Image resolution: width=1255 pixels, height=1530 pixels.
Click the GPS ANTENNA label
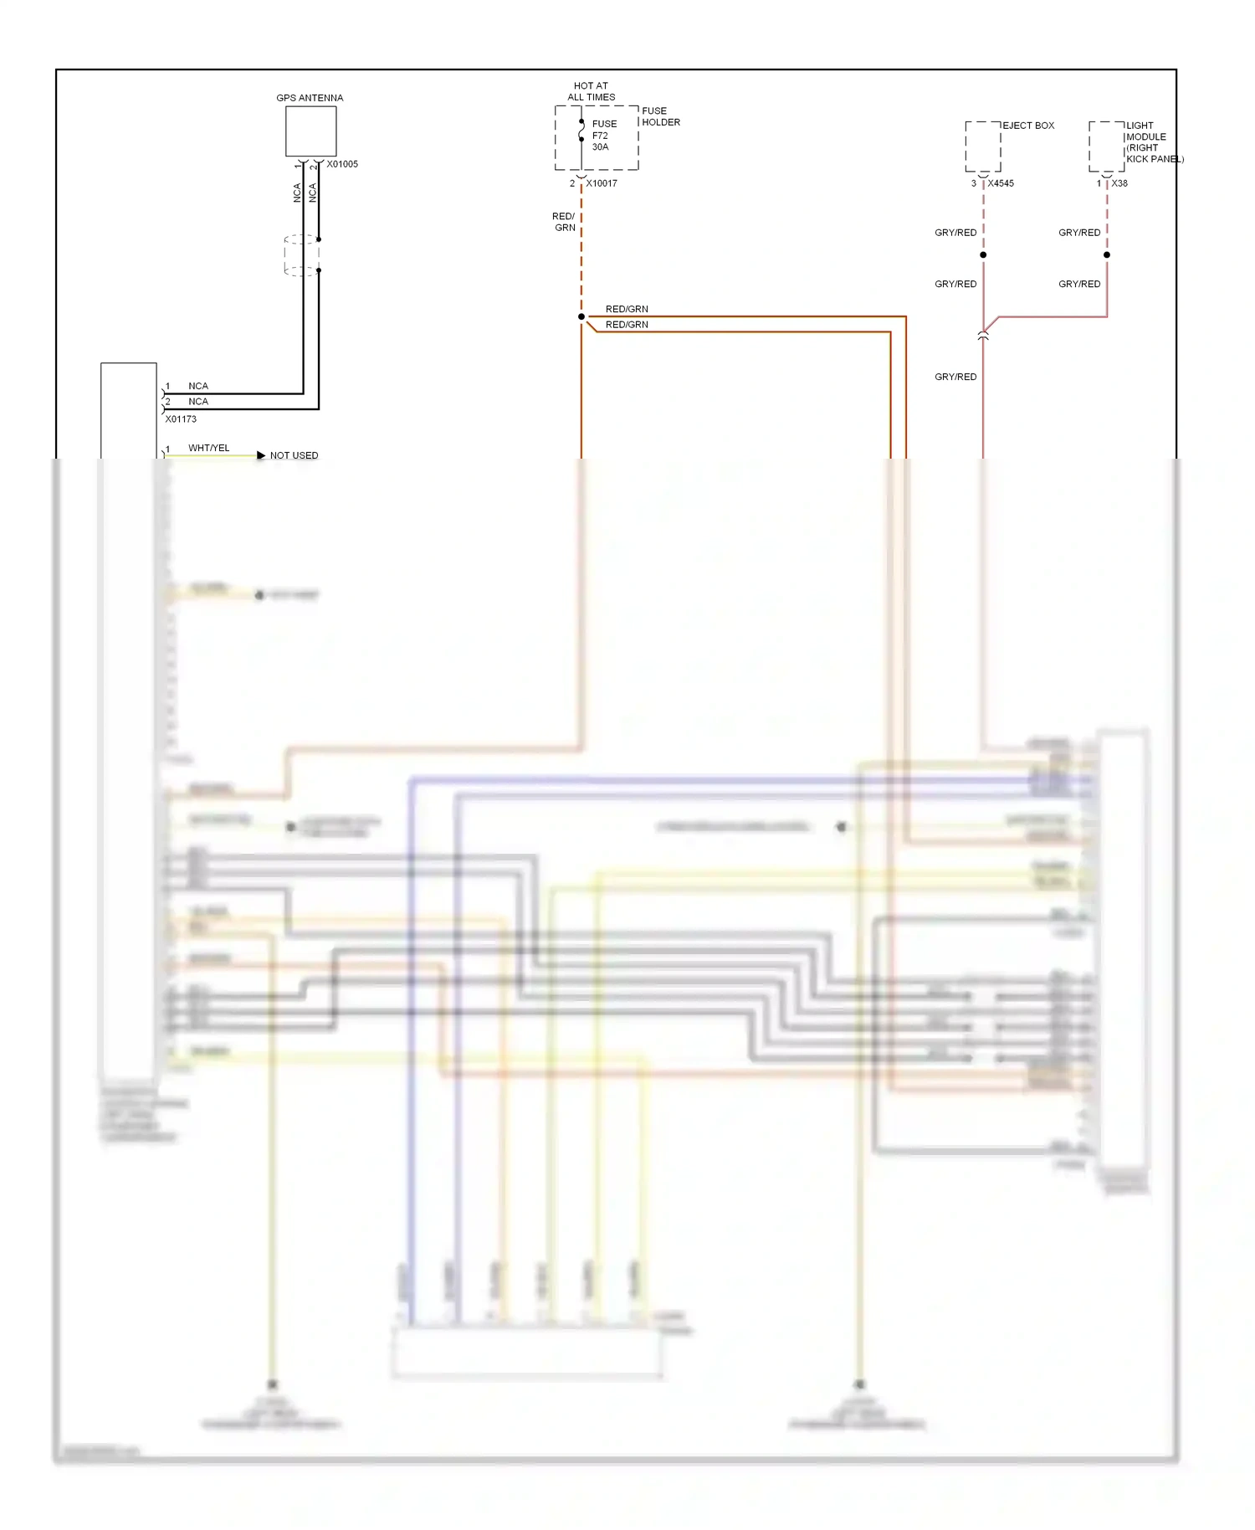coord(310,98)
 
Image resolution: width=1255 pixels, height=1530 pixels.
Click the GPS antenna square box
coord(310,131)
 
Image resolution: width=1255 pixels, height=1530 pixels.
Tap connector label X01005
coord(342,164)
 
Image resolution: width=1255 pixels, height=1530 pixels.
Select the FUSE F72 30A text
coord(603,136)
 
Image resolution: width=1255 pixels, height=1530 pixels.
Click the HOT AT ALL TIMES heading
coord(591,91)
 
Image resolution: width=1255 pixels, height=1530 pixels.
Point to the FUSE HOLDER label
coord(660,116)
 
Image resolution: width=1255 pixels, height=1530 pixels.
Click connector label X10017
coord(602,183)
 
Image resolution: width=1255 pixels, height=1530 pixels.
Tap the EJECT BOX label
coord(1028,126)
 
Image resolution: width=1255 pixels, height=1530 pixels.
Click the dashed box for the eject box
coord(983,146)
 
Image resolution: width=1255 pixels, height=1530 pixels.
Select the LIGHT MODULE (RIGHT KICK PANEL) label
coord(1153,142)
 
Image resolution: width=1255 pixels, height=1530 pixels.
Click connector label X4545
coord(1001,183)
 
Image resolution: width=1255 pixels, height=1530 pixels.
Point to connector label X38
coord(1119,183)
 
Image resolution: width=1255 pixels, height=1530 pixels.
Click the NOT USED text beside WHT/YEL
coord(294,455)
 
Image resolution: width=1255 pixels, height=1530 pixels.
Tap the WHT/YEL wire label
coord(208,448)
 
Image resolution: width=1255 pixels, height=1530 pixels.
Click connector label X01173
coord(181,419)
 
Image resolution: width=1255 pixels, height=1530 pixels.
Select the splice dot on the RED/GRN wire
coord(581,316)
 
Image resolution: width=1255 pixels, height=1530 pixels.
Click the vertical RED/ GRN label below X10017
coord(564,222)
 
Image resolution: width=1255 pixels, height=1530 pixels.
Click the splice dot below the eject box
coord(983,254)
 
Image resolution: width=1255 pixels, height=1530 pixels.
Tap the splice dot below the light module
coord(1107,254)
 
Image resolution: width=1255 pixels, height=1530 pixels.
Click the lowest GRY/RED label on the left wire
coord(955,377)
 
